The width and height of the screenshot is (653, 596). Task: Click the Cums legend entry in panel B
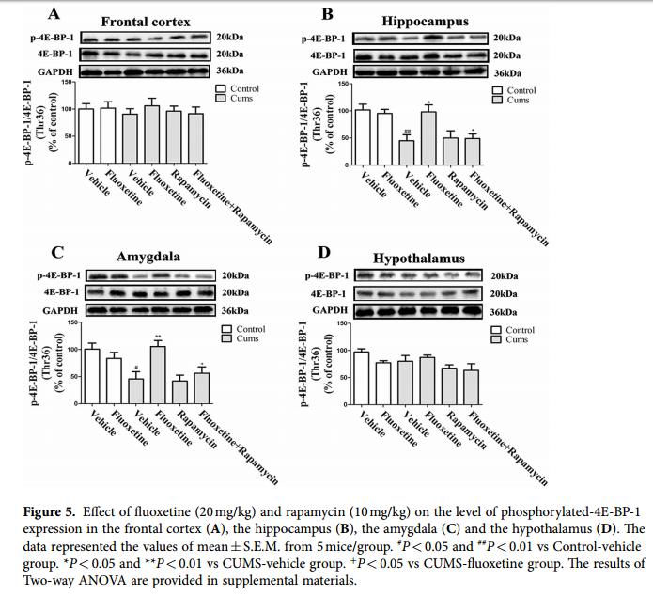point(518,100)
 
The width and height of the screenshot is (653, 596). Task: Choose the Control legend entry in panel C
point(248,330)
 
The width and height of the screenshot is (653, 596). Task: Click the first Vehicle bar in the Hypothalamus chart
point(361,377)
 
